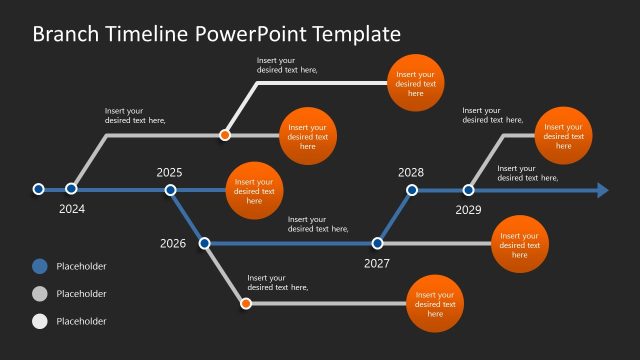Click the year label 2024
72,209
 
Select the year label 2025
170,172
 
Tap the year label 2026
173,243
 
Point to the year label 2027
377,264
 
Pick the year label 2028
411,172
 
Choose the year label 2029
469,210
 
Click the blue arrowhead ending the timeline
602,189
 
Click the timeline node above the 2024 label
72,188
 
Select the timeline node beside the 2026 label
205,242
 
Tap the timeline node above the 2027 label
378,242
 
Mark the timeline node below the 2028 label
411,189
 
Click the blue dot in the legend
39,266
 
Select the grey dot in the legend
39,294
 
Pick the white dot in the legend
39,321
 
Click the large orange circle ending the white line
415,81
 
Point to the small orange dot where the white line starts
226,134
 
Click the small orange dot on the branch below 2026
246,302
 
